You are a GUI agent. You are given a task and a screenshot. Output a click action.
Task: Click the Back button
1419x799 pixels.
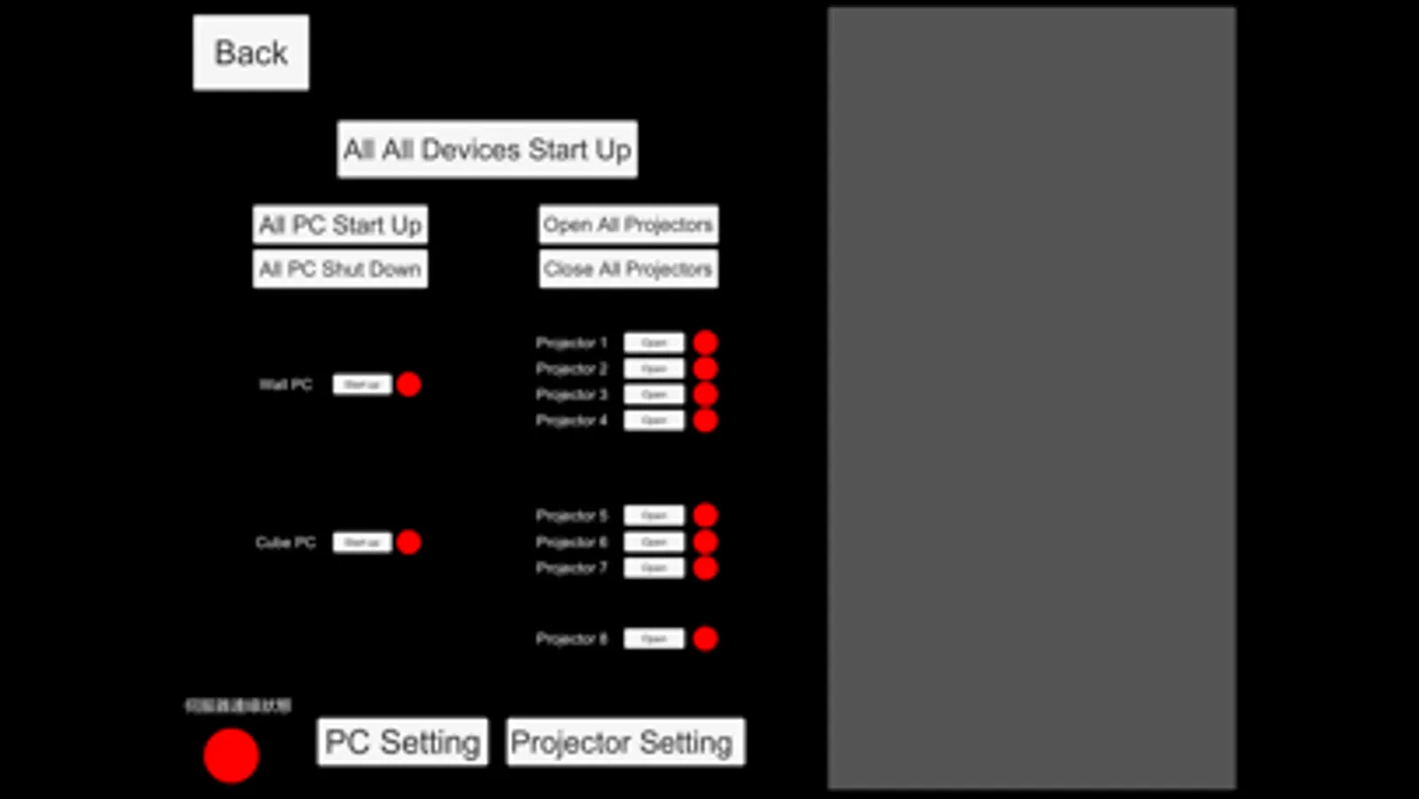click(251, 52)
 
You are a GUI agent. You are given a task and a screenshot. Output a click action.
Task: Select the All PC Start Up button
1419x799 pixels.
click(340, 225)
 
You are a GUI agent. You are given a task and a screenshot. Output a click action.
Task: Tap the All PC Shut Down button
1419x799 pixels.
click(340, 269)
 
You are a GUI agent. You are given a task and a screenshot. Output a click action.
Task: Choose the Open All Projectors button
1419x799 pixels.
click(628, 225)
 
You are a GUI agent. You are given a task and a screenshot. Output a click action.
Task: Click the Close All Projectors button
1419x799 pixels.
click(628, 269)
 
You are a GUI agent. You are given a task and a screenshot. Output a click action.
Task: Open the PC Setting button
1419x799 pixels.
click(402, 742)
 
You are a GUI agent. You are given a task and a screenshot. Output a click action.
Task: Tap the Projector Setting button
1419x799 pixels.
click(625, 742)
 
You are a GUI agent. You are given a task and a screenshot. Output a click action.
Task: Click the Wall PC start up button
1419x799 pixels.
click(362, 384)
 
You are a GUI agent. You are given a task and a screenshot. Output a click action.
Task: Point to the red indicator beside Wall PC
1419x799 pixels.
click(409, 384)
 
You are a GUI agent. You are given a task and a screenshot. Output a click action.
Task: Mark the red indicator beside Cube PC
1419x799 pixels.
click(409, 542)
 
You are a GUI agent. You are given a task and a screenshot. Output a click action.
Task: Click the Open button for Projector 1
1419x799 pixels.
click(654, 343)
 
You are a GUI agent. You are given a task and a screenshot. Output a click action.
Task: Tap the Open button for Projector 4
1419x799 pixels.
click(654, 420)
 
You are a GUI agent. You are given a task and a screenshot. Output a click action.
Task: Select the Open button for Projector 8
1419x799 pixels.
click(654, 638)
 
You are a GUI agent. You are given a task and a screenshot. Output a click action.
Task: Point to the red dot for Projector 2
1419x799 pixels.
click(706, 368)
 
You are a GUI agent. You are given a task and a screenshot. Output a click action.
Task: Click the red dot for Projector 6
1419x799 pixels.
click(706, 542)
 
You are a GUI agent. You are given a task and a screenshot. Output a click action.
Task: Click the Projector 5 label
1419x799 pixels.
click(572, 515)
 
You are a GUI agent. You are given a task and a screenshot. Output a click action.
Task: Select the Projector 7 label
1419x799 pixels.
click(572, 567)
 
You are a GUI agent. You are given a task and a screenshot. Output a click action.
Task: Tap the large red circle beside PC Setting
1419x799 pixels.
click(231, 755)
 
